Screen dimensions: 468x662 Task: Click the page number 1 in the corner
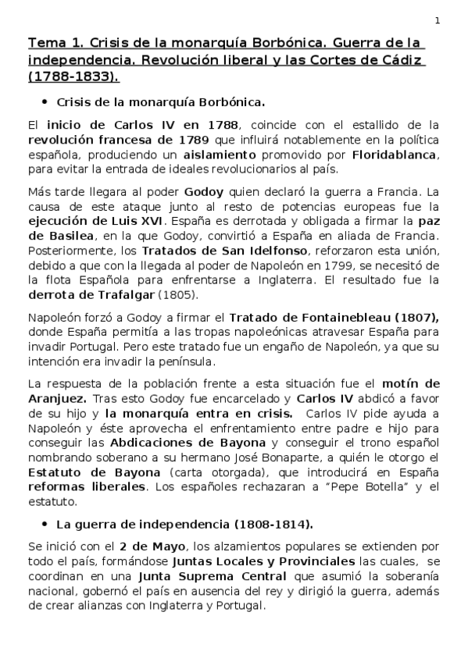click(437, 20)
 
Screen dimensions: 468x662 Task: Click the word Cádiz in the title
click(400, 59)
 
